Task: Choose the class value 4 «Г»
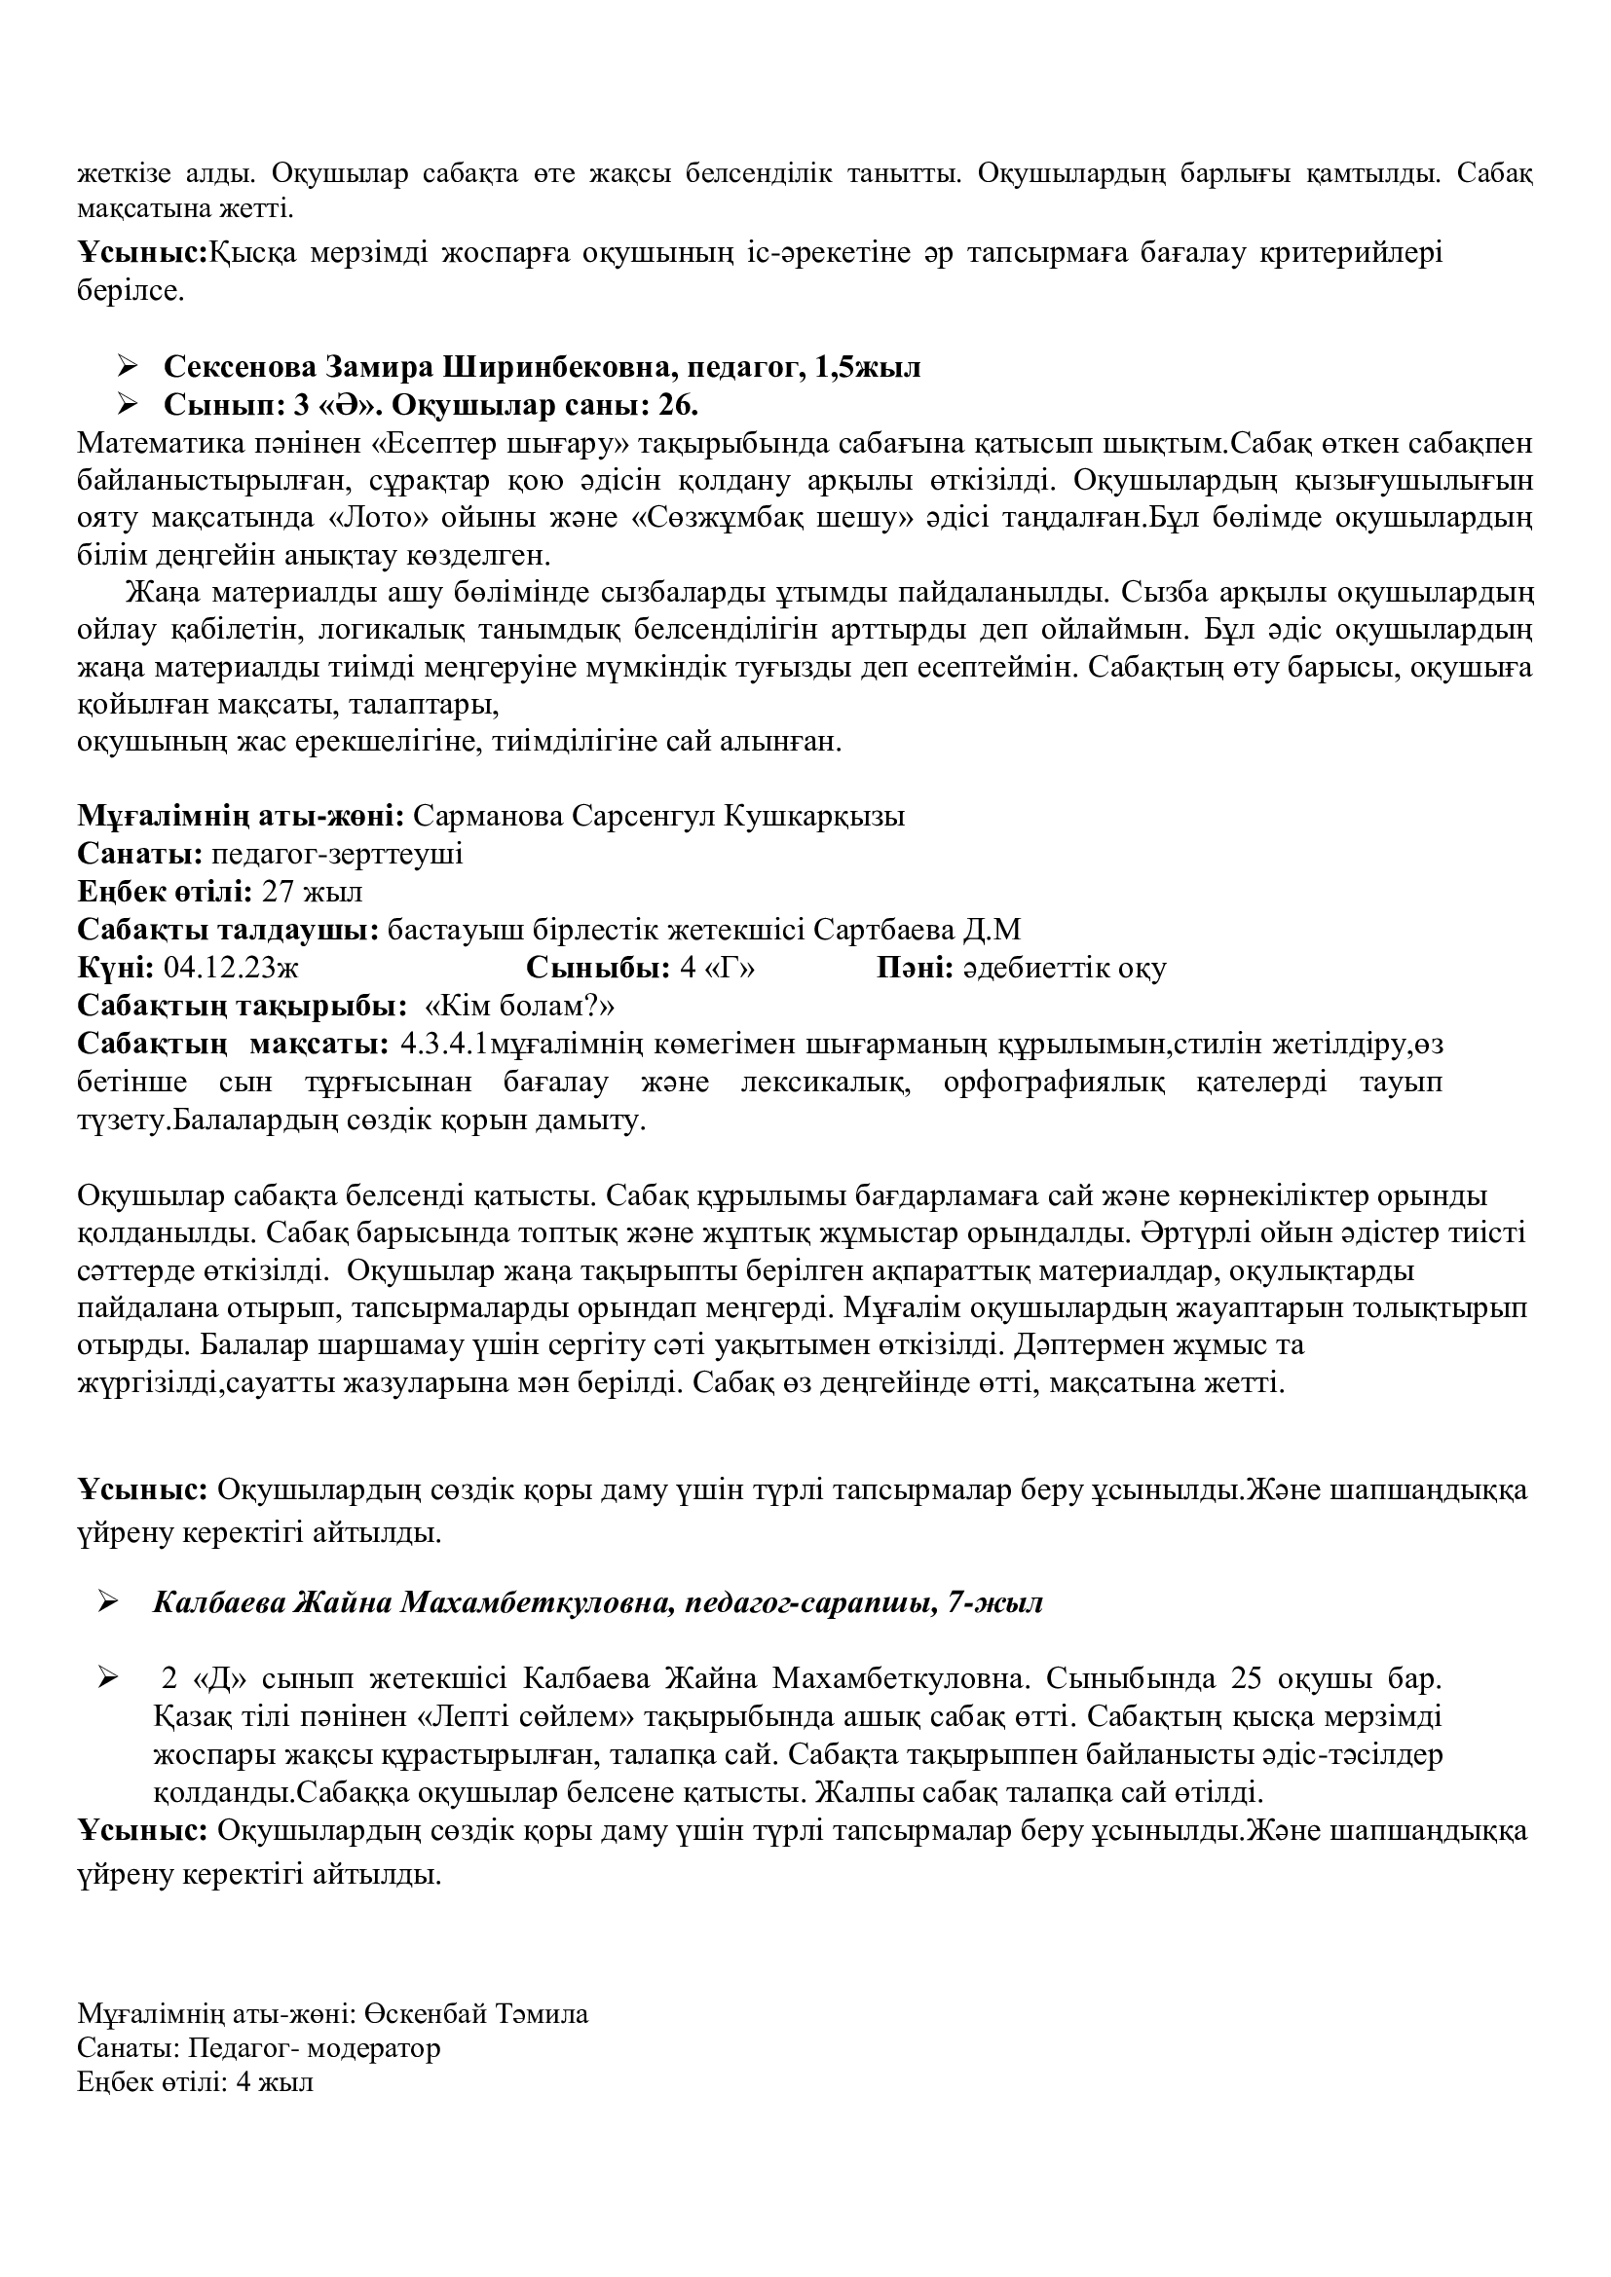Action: click(717, 968)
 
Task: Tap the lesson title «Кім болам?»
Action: click(520, 1006)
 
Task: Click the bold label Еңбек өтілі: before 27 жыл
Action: click(165, 892)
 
